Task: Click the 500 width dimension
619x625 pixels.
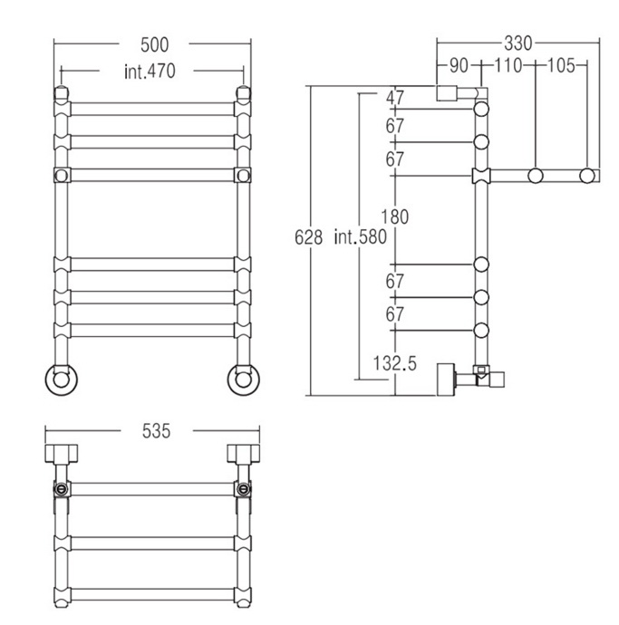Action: (x=155, y=44)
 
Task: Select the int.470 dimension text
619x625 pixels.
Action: (x=150, y=72)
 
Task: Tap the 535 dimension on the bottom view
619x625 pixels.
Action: (x=157, y=431)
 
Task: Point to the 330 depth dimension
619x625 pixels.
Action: (x=518, y=43)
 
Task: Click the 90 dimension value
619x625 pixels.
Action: (x=459, y=65)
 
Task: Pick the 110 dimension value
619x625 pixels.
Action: (x=508, y=65)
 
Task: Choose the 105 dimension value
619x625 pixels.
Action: (x=561, y=65)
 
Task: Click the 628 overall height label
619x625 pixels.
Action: (x=309, y=237)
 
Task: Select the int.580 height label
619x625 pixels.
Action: (x=361, y=236)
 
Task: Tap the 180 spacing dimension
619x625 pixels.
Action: (x=395, y=216)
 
